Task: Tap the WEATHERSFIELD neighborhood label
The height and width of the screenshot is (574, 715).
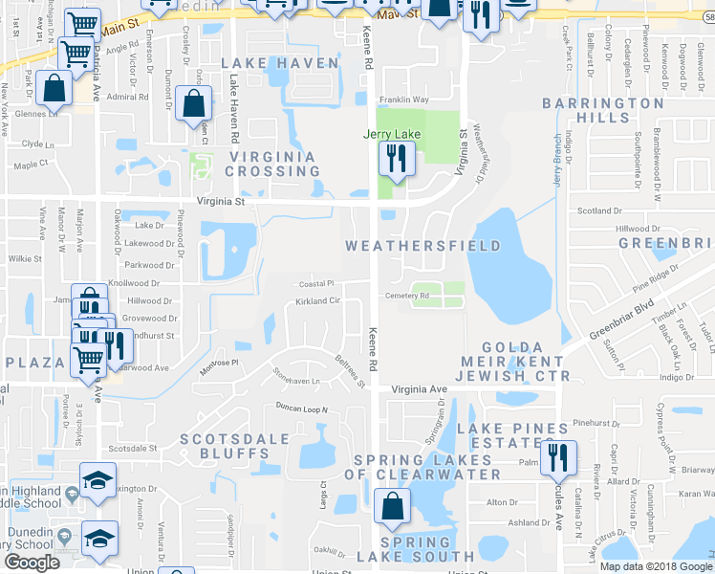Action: [422, 246]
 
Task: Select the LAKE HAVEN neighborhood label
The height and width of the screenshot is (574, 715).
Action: [280, 63]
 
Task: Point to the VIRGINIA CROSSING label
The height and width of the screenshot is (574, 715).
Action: [272, 164]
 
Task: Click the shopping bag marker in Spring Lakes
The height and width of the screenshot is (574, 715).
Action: [392, 508]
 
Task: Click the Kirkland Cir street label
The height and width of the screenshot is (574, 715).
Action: [317, 300]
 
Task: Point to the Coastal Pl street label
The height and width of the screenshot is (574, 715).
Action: [316, 283]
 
